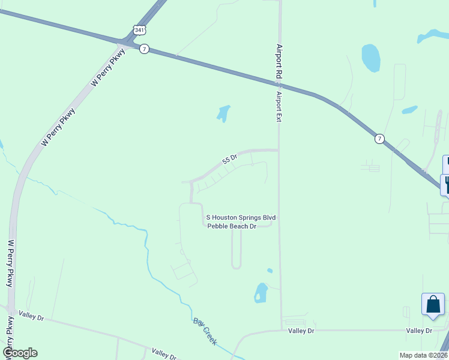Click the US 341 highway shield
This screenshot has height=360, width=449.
pos(138,29)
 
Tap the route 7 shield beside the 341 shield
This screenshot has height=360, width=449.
pos(144,49)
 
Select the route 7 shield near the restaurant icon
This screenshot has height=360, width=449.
pos(379,139)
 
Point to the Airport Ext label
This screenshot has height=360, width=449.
pos(279,107)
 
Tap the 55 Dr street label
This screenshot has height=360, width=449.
pos(230,159)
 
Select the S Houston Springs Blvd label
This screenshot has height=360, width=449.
pos(241,217)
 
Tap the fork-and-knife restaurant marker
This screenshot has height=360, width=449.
pos(445,183)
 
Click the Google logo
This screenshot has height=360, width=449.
pos(20,353)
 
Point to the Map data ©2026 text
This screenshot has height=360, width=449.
pos(423,355)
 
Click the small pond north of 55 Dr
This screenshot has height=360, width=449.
pos(223,112)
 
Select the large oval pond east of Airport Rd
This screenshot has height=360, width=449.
pos(370,58)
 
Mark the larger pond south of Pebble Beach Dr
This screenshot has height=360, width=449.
pos(261,292)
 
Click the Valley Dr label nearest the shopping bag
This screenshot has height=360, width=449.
pos(419,331)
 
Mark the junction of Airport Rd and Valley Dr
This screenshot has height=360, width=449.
pos(281,329)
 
